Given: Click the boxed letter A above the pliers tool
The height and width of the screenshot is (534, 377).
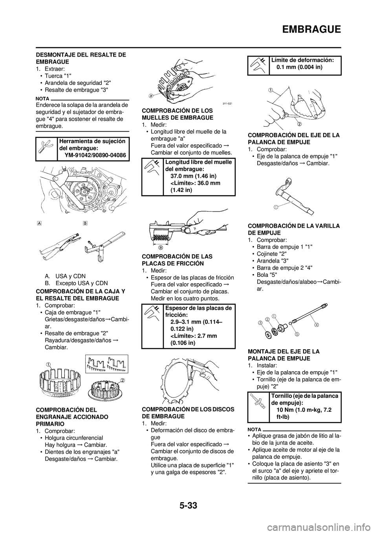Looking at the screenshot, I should pyautogui.click(x=39, y=223).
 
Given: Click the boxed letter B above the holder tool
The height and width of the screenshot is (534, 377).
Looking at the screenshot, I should pyautogui.click(x=85, y=223).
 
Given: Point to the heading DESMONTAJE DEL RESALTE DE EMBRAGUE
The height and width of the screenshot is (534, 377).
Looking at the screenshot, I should pyautogui.click(x=81, y=58).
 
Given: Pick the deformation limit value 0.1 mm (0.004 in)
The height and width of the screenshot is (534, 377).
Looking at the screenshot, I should pyautogui.click(x=299, y=67).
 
